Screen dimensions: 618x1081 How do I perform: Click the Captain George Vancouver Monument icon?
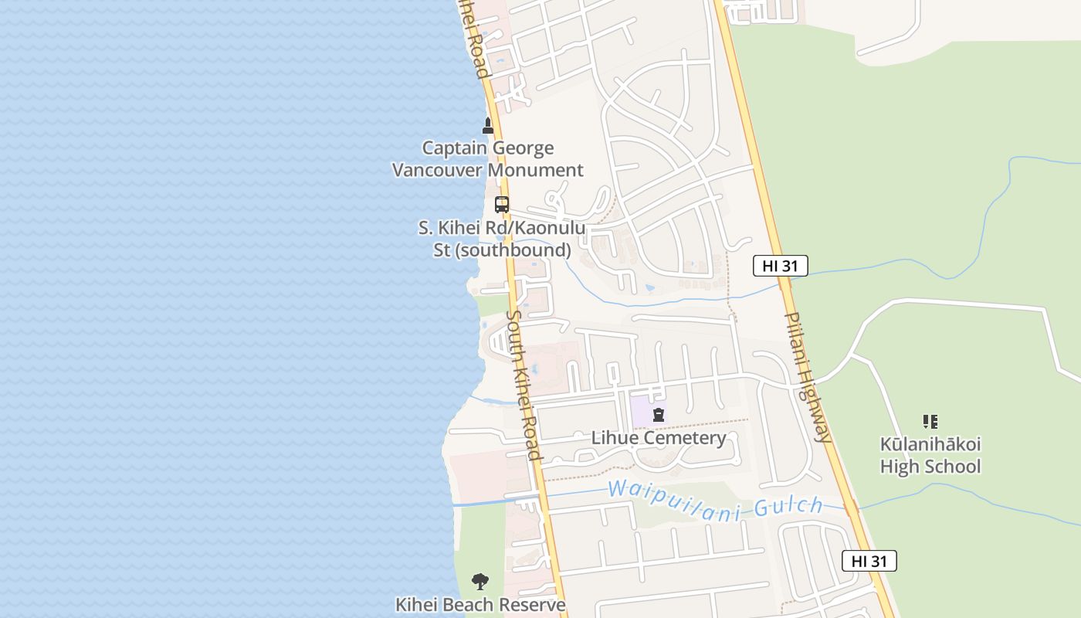point(487,125)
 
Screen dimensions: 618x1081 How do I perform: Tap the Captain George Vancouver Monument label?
point(487,159)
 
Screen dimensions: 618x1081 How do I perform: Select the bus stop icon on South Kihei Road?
point(502,205)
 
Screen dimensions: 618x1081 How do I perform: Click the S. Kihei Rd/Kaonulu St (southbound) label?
point(502,239)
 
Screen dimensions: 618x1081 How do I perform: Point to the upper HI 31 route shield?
point(780,267)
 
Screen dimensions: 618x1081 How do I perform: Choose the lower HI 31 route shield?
point(869,562)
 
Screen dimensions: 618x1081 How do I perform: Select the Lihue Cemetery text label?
point(659,438)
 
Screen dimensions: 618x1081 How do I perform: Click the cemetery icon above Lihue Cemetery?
point(658,415)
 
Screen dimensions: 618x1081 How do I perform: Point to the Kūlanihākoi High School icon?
point(930,422)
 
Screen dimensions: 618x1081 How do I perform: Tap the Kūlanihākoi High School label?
point(930,456)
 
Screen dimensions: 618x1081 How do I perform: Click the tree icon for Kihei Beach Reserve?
point(480,582)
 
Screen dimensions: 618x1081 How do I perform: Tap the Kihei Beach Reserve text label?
point(480,605)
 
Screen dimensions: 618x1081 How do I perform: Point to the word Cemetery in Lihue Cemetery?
point(683,438)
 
